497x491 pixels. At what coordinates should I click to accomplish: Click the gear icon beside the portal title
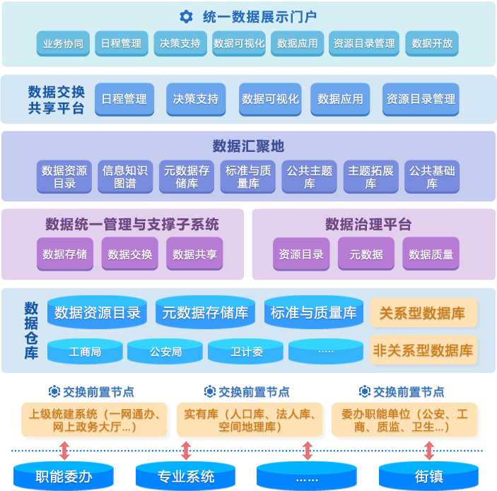[x=186, y=16]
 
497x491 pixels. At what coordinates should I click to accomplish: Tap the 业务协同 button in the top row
[x=63, y=44]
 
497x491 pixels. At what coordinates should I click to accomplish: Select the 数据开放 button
[x=431, y=44]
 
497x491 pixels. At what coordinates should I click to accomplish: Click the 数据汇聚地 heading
[x=248, y=146]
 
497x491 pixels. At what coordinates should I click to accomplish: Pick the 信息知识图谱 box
[x=125, y=177]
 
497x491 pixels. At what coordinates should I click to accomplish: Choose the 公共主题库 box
[x=309, y=177]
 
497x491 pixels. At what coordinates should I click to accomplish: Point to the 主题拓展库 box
[x=370, y=177]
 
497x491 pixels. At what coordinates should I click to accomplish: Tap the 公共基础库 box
[x=432, y=177]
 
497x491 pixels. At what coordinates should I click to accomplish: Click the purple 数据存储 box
[x=64, y=254]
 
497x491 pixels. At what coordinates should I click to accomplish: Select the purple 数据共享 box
[x=194, y=254]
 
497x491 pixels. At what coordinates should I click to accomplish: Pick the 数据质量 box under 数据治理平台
[x=431, y=254]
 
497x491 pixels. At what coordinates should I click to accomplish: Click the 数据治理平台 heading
[x=368, y=225]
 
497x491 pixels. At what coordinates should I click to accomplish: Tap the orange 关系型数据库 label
[x=423, y=313]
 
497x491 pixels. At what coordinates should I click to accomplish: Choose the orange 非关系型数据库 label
[x=423, y=350]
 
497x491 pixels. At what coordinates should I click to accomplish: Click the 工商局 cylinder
[x=85, y=351]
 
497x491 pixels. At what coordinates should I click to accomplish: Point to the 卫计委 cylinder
[x=246, y=351]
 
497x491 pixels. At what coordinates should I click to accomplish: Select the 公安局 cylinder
[x=165, y=351]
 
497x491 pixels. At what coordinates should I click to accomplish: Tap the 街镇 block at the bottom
[x=428, y=476]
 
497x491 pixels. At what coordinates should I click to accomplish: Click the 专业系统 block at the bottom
[x=185, y=476]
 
